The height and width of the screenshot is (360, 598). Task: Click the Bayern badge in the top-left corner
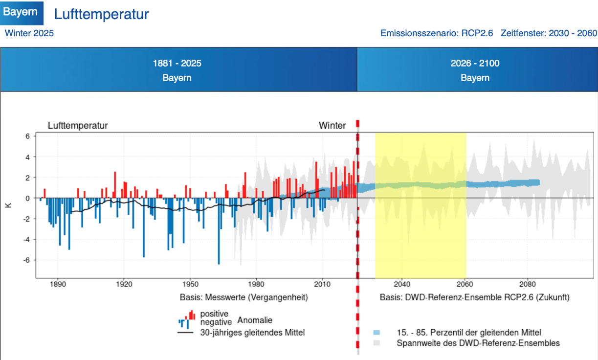tap(21, 12)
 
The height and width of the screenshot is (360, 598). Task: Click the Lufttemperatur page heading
tap(101, 14)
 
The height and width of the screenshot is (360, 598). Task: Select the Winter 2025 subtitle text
tap(29, 33)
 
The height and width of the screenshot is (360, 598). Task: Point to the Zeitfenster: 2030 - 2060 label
tap(549, 33)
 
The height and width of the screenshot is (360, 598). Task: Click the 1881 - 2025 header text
tap(177, 64)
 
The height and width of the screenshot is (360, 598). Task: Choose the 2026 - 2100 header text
tap(475, 64)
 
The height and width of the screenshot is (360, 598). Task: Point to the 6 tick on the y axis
tap(28, 136)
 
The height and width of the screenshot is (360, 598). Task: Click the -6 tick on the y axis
tap(26, 260)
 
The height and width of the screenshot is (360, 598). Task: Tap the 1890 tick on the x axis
tap(58, 284)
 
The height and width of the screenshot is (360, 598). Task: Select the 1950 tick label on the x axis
tap(190, 284)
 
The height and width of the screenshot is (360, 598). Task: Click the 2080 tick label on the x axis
tap(528, 284)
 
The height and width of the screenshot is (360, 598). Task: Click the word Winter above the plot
tap(332, 126)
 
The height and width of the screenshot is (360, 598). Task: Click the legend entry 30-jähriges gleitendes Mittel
tap(252, 333)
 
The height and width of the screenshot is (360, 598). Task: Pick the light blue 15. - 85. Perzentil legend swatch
tap(376, 333)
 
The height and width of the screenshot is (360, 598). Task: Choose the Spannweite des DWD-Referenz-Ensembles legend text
tap(478, 343)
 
